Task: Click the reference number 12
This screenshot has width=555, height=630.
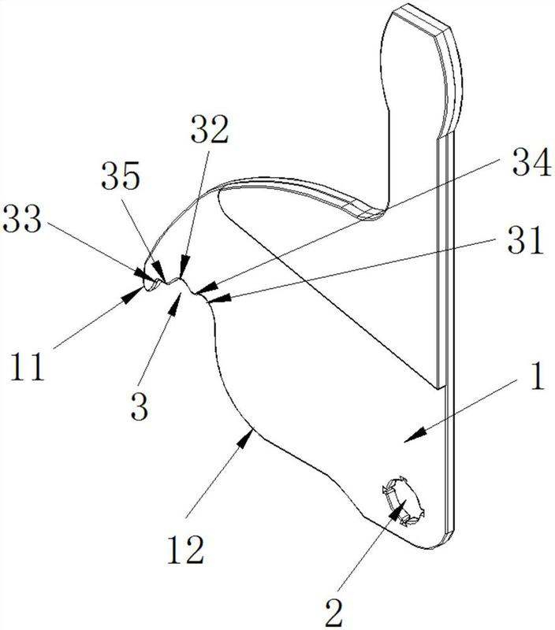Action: pyautogui.click(x=186, y=549)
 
